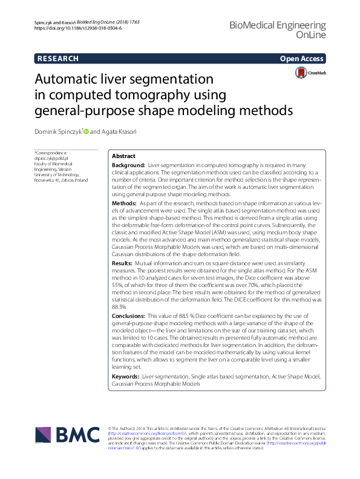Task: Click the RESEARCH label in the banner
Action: pos(58,59)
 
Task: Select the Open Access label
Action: pos(301,59)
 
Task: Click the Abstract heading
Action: pos(124,156)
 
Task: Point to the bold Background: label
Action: pos(129,165)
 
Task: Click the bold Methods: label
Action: pos(125,203)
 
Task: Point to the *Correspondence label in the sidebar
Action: pos(50,153)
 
